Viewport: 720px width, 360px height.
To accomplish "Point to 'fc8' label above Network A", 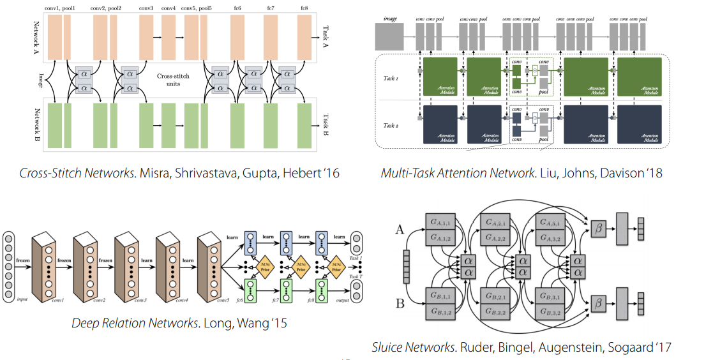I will click(x=304, y=8).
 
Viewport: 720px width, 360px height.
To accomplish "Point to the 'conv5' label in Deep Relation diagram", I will click(x=223, y=299).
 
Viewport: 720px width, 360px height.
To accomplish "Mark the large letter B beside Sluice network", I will click(x=400, y=303).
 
